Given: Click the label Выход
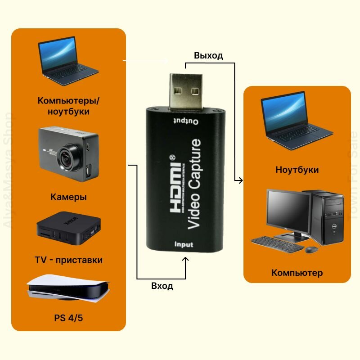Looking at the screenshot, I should click(208, 56).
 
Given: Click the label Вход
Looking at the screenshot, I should click(162, 286).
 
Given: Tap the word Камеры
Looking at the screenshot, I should click(69, 197).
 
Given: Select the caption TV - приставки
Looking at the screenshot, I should click(68, 260).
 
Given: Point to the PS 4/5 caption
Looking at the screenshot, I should click(68, 318).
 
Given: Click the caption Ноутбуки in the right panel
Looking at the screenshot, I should click(297, 170).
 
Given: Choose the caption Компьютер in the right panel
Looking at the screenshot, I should click(297, 273).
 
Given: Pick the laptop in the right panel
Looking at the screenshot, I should click(295, 121).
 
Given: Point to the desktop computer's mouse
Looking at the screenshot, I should click(311, 249).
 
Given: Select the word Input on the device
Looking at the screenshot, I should click(184, 244).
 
